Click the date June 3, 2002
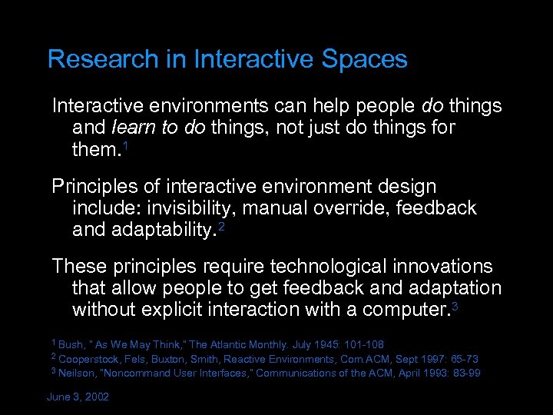[78, 397]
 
